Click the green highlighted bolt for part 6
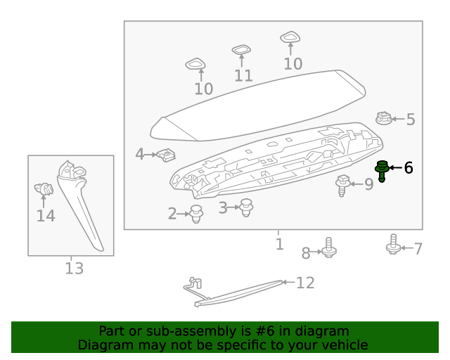(382, 169)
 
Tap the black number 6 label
(409, 168)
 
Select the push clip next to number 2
(197, 214)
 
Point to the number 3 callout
(223, 207)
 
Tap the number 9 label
(368, 185)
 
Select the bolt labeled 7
(394, 245)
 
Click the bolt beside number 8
(329, 248)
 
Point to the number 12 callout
(305, 283)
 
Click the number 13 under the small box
(74, 268)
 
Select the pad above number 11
(242, 50)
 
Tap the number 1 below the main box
(279, 244)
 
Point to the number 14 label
(46, 216)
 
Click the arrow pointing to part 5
(398, 120)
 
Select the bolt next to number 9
(344, 185)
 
